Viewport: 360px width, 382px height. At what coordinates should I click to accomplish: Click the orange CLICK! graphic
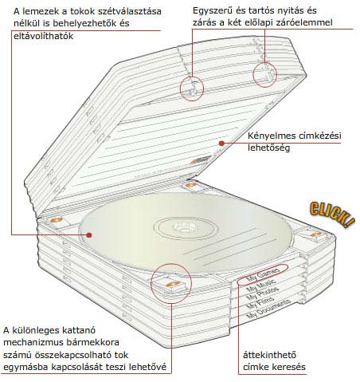[332, 215]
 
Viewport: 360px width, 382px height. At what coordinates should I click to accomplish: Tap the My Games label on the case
[263, 274]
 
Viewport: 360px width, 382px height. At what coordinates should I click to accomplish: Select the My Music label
[261, 285]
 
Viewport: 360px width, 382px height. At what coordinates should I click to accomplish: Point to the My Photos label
[262, 293]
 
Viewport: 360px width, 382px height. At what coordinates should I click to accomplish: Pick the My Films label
[260, 302]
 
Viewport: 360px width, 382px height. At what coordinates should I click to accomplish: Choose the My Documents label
[268, 309]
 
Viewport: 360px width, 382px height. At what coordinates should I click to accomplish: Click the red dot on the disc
[89, 235]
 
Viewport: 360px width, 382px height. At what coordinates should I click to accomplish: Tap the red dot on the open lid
[221, 144]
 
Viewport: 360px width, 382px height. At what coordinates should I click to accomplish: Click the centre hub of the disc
[186, 227]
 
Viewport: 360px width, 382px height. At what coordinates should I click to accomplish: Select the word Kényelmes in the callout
[272, 136]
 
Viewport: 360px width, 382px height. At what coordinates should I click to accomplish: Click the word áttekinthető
[269, 355]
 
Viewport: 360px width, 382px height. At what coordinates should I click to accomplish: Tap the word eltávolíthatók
[43, 36]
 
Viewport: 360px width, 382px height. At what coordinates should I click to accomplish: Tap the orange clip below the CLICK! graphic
[316, 234]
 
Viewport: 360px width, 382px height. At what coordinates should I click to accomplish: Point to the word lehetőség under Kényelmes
[268, 148]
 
